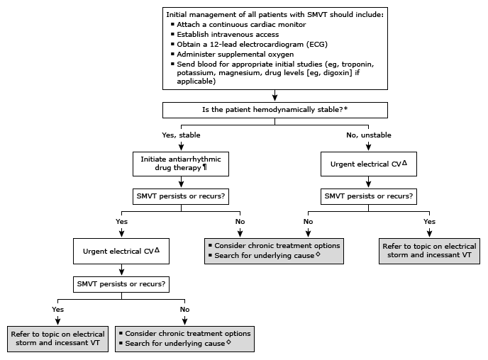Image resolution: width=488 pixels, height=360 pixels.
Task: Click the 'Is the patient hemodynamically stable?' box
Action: (x=275, y=110)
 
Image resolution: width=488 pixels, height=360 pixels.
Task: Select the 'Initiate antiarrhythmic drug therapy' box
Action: (x=180, y=164)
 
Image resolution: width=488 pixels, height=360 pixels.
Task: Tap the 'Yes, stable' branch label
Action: (x=180, y=135)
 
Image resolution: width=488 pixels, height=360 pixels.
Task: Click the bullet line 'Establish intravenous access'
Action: (x=219, y=34)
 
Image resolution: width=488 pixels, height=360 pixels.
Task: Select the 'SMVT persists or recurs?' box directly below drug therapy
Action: (x=180, y=196)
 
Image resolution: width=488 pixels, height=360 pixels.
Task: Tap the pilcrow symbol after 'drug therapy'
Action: (x=205, y=168)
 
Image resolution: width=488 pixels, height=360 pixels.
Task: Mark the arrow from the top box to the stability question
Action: (x=275, y=96)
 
